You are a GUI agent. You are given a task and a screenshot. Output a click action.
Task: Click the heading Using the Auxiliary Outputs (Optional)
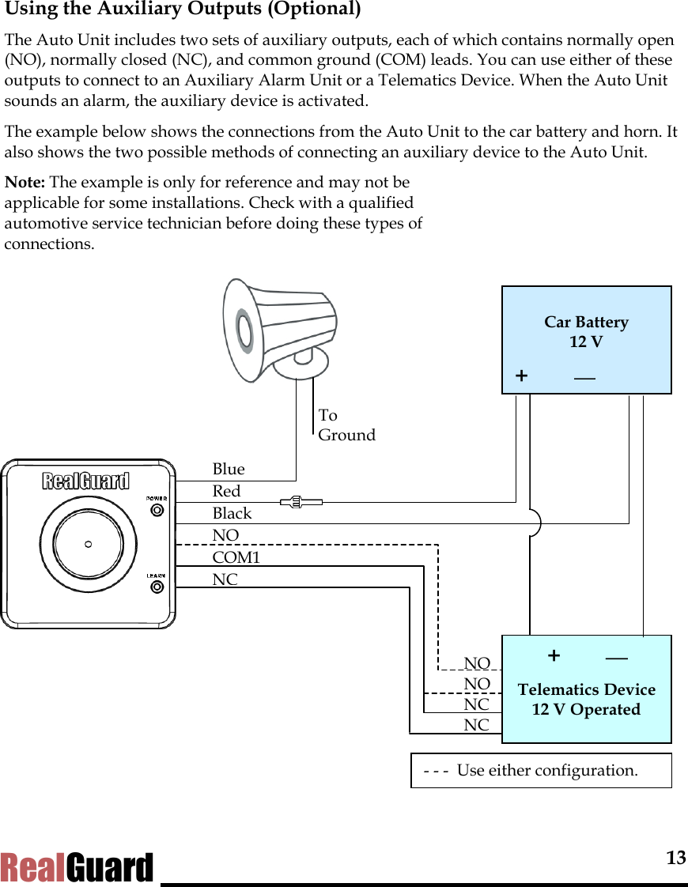click(183, 10)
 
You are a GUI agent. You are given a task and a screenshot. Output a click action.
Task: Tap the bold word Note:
click(25, 183)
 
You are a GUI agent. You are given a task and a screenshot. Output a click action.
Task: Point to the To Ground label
click(346, 425)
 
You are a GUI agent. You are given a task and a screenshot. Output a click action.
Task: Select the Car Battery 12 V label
click(586, 332)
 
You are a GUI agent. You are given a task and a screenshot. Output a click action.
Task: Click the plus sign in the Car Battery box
click(521, 376)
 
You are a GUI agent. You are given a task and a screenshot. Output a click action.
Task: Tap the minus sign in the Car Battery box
click(585, 377)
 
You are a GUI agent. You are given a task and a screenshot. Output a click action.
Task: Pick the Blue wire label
click(229, 469)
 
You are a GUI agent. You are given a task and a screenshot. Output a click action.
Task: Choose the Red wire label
click(226, 491)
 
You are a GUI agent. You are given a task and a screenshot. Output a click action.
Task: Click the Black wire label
click(232, 513)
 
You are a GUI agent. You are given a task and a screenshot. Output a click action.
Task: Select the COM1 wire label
click(236, 557)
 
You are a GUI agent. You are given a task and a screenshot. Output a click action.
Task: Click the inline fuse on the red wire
click(301, 501)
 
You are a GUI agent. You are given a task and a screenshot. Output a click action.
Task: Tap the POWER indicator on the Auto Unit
click(157, 510)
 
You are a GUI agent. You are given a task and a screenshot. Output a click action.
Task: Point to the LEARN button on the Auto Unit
click(157, 587)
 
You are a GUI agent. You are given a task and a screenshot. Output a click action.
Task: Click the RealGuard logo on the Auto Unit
click(85, 481)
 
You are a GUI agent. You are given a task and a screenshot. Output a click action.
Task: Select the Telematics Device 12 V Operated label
click(586, 700)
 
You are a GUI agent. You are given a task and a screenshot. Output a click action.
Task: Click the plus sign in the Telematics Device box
click(554, 655)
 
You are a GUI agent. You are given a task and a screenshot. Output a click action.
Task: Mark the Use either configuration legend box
click(541, 771)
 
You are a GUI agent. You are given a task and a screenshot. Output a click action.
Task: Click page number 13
click(675, 859)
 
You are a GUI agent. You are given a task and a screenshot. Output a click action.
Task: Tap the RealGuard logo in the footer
click(77, 868)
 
